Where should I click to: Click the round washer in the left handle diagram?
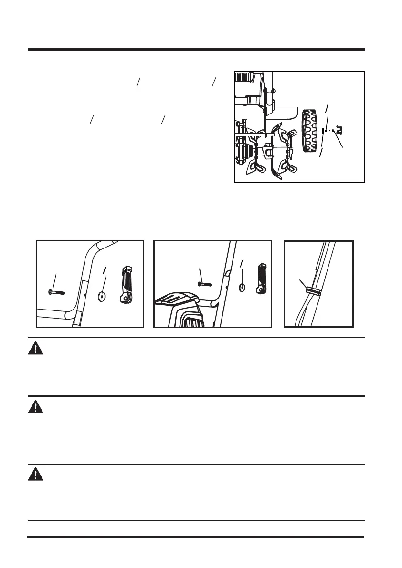click(x=101, y=297)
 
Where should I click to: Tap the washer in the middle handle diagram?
click(x=242, y=288)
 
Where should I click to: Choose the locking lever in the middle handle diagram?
click(x=263, y=279)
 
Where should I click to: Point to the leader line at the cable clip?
click(x=303, y=284)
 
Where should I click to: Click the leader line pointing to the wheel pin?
click(x=339, y=141)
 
